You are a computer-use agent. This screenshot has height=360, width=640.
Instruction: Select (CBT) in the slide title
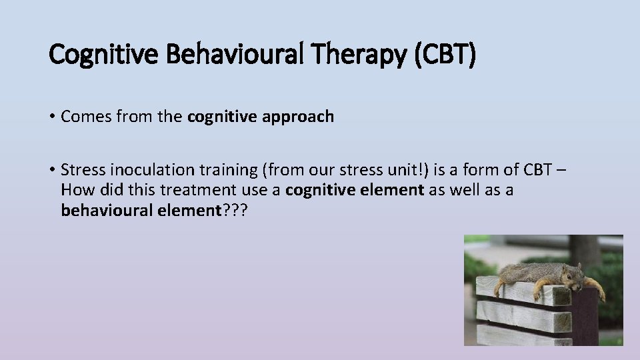click(x=445, y=55)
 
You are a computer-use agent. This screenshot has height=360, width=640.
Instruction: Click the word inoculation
click(x=145, y=170)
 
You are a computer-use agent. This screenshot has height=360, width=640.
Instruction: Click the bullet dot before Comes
click(x=52, y=117)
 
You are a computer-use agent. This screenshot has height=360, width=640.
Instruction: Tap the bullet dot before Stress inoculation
click(x=52, y=171)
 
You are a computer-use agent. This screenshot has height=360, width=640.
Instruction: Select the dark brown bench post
click(x=585, y=317)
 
